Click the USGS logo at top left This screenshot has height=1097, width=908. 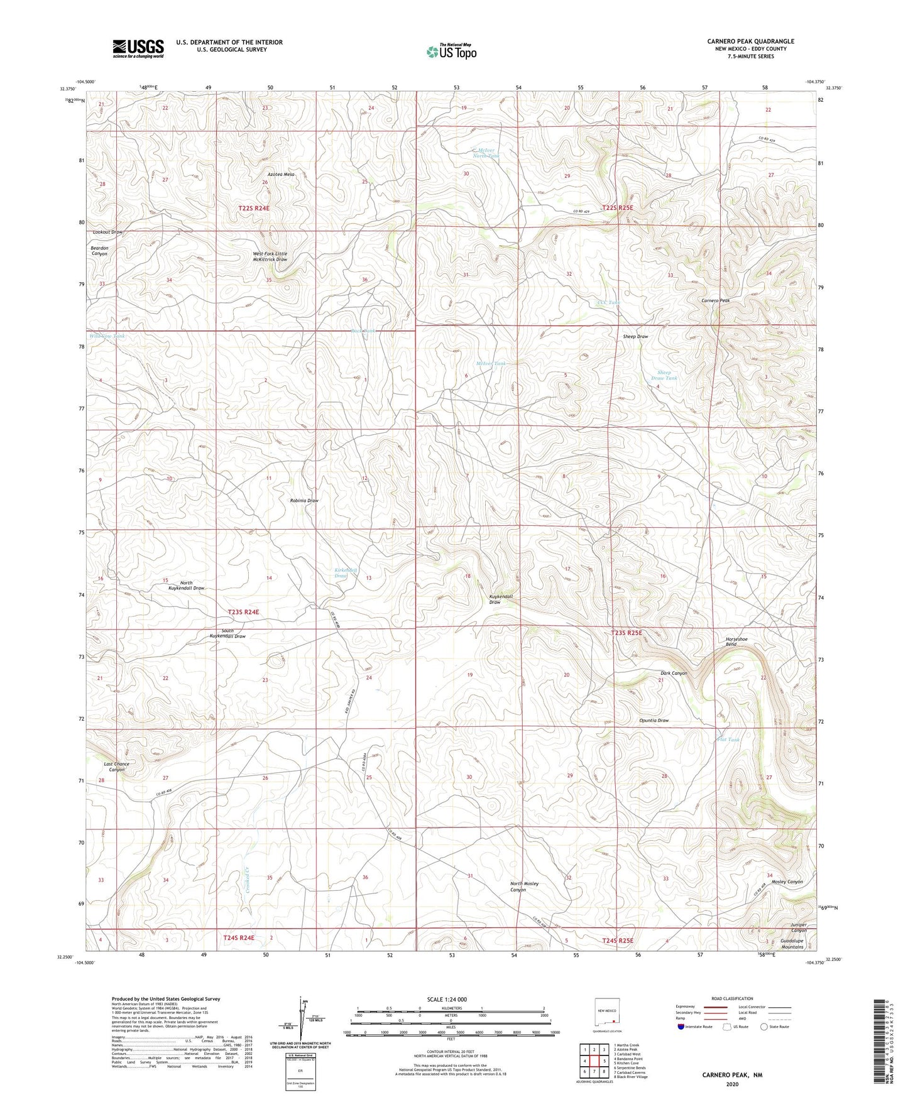tap(138, 48)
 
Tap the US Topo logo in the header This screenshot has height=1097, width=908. tap(451, 52)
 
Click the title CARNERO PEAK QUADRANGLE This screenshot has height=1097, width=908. tap(750, 41)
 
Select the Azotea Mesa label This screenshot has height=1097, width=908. tap(280, 174)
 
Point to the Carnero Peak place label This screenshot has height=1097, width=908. tap(715, 301)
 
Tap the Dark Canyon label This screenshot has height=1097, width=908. tap(674, 673)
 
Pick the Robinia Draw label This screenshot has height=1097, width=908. tap(304, 501)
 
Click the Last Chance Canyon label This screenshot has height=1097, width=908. tap(117, 767)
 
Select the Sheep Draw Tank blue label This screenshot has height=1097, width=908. tap(664, 375)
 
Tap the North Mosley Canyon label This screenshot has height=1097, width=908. tap(524, 887)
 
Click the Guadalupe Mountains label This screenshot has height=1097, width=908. tap(792, 943)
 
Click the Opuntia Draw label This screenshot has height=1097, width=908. tap(654, 721)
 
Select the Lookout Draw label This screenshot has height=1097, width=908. tap(107, 232)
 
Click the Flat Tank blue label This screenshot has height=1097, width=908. tap(728, 740)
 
